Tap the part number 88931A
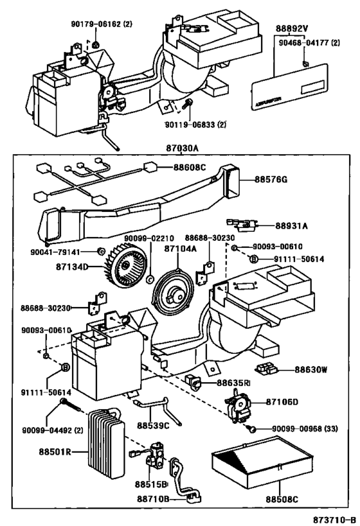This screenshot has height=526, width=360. pos(292,225)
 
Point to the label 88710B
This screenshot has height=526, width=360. pos(152,498)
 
